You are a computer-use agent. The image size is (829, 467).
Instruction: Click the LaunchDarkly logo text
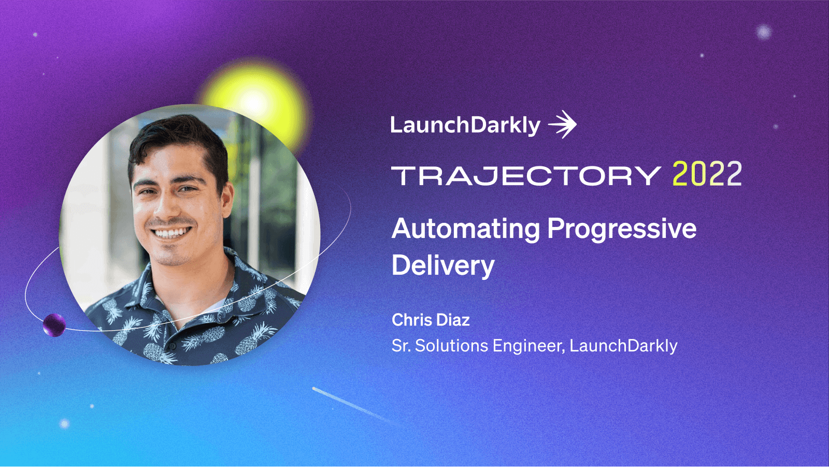coord(465,125)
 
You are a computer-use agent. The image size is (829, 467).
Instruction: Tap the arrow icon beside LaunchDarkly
coord(563,125)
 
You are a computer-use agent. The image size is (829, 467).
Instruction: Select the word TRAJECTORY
coord(525,176)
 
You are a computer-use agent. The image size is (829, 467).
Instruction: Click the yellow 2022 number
coord(707,174)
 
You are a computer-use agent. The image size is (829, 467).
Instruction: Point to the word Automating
coord(466,229)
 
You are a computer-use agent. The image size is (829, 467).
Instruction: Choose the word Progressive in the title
coord(622,229)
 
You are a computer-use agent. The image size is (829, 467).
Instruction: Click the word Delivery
coord(443,266)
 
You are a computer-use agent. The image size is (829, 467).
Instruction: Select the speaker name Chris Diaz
coord(431,320)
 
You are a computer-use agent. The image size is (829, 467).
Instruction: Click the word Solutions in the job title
coord(451,346)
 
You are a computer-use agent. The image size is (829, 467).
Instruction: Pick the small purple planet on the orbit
coord(54,325)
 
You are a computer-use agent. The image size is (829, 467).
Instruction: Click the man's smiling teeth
coord(170,233)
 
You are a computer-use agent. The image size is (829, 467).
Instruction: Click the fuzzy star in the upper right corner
coord(763,32)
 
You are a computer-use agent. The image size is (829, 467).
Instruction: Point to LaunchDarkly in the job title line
coord(623,346)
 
